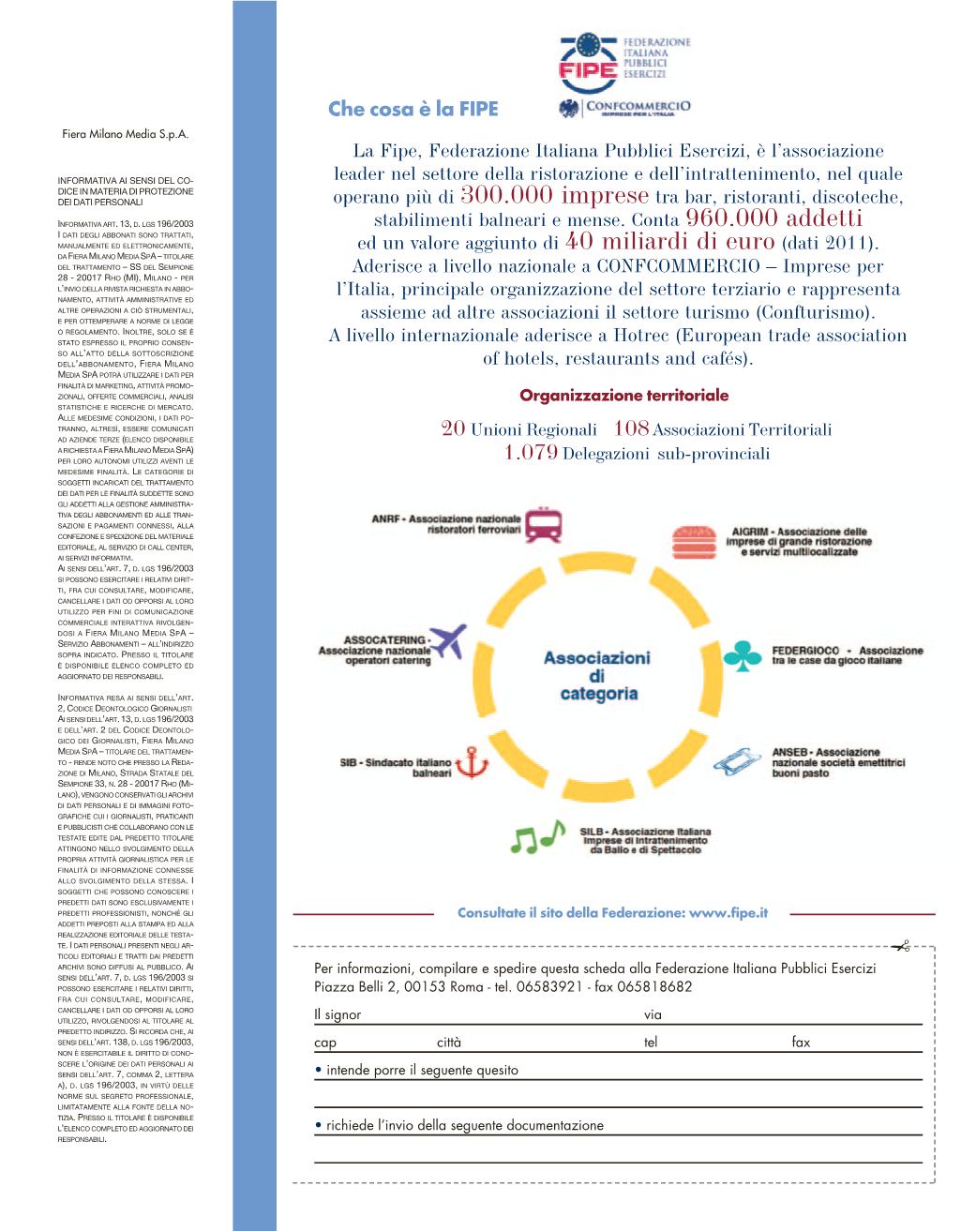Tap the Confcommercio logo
(624, 108)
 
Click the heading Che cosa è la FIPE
(413, 109)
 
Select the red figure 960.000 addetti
(773, 218)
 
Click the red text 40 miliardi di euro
(670, 242)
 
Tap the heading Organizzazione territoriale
(623, 396)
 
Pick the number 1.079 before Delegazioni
(531, 453)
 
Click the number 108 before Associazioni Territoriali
(631, 428)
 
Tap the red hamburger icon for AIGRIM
(694, 542)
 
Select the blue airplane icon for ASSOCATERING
(448, 642)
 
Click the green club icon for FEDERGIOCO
(743, 655)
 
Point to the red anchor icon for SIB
(476, 763)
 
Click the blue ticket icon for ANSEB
(738, 762)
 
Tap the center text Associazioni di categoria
(597, 676)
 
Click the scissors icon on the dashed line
(902, 946)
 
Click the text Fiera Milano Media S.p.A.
(126, 134)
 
